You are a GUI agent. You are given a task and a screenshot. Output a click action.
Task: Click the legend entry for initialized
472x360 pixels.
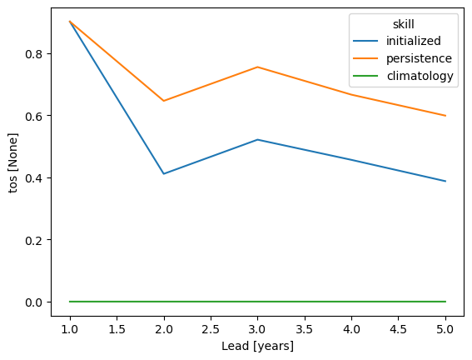[413, 41]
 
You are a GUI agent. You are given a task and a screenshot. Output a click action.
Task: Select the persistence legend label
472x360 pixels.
[419, 58]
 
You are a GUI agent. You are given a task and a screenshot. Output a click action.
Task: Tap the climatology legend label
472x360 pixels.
[420, 76]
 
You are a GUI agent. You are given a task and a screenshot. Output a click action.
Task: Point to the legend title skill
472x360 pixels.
[404, 24]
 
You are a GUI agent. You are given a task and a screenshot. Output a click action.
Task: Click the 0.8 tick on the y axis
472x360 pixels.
[33, 54]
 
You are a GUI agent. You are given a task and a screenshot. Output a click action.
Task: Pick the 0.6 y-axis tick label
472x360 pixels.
[33, 116]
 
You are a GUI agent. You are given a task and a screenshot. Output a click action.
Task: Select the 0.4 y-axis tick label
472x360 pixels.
[33, 178]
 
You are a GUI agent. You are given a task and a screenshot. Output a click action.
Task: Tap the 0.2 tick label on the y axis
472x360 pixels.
[33, 240]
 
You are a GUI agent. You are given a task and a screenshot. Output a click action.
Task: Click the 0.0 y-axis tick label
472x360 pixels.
[33, 302]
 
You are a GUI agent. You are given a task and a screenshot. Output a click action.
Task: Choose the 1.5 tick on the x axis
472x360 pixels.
[117, 329]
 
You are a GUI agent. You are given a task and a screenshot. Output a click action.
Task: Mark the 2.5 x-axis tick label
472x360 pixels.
[211, 329]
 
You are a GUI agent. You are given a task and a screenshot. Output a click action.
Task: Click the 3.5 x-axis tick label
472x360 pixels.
[305, 329]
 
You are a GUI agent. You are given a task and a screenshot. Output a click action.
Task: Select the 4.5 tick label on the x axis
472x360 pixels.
[398, 329]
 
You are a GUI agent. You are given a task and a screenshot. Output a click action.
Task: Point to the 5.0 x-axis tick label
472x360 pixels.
[445, 329]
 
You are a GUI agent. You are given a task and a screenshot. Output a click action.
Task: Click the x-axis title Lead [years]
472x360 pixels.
[257, 346]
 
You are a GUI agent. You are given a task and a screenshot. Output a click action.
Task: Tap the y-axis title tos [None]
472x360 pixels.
[13, 162]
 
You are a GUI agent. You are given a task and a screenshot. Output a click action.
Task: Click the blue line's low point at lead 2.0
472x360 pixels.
[164, 174]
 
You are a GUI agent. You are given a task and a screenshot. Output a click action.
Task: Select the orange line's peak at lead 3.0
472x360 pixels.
[257, 67]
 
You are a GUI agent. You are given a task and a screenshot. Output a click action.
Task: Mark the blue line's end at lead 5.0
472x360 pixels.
[445, 181]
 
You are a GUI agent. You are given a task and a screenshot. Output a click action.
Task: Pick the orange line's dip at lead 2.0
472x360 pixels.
[164, 101]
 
